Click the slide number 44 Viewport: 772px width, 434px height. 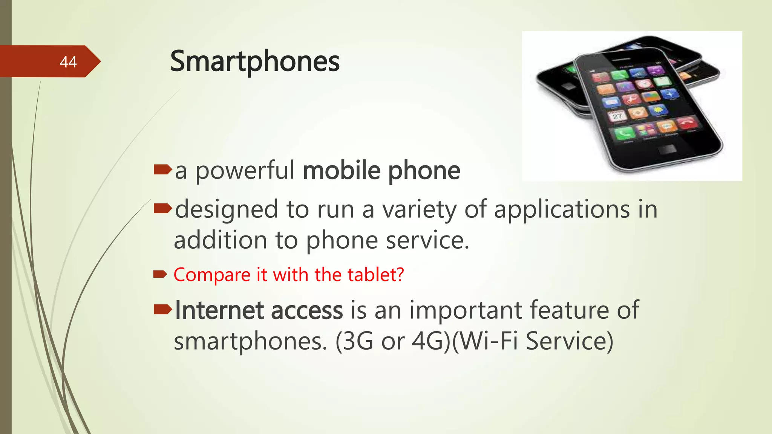[68, 62]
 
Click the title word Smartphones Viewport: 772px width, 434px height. [255, 61]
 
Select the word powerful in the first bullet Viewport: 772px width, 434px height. [245, 171]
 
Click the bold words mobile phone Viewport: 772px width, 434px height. [381, 171]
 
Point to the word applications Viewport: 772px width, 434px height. [562, 209]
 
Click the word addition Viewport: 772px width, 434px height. [221, 240]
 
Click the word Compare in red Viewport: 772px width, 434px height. [212, 275]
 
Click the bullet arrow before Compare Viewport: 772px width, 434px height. [160, 274]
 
